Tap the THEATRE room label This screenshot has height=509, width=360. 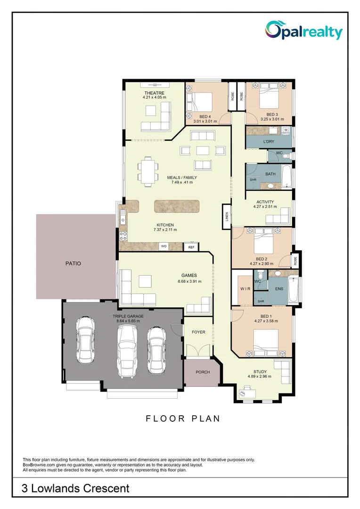[154, 93]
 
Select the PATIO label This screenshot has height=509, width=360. [73, 263]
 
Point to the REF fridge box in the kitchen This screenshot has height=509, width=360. [191, 247]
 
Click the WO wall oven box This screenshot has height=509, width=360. [164, 246]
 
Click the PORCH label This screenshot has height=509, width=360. [203, 372]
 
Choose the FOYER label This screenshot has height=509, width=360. [198, 332]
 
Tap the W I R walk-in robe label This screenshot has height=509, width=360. [245, 288]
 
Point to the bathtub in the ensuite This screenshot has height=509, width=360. [295, 289]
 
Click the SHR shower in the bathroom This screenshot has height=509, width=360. [253, 180]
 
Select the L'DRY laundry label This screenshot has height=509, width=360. [269, 141]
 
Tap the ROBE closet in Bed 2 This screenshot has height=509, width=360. [295, 261]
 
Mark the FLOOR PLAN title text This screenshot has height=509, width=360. [183, 419]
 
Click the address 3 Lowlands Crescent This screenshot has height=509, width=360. [75, 489]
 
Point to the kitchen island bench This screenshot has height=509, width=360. [177, 206]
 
